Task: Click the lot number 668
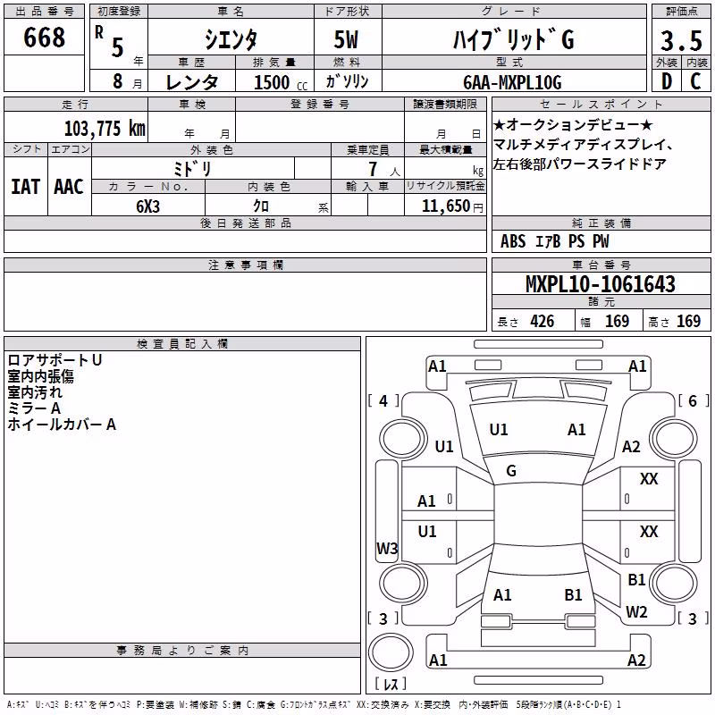click(44, 37)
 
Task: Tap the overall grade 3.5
click(681, 40)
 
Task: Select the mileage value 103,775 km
click(105, 129)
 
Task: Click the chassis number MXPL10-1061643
click(600, 284)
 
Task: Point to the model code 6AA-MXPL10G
click(512, 82)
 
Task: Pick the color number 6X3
click(147, 206)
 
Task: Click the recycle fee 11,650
click(445, 206)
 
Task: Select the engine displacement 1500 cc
click(281, 82)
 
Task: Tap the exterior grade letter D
click(667, 81)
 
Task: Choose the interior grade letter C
click(695, 81)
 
